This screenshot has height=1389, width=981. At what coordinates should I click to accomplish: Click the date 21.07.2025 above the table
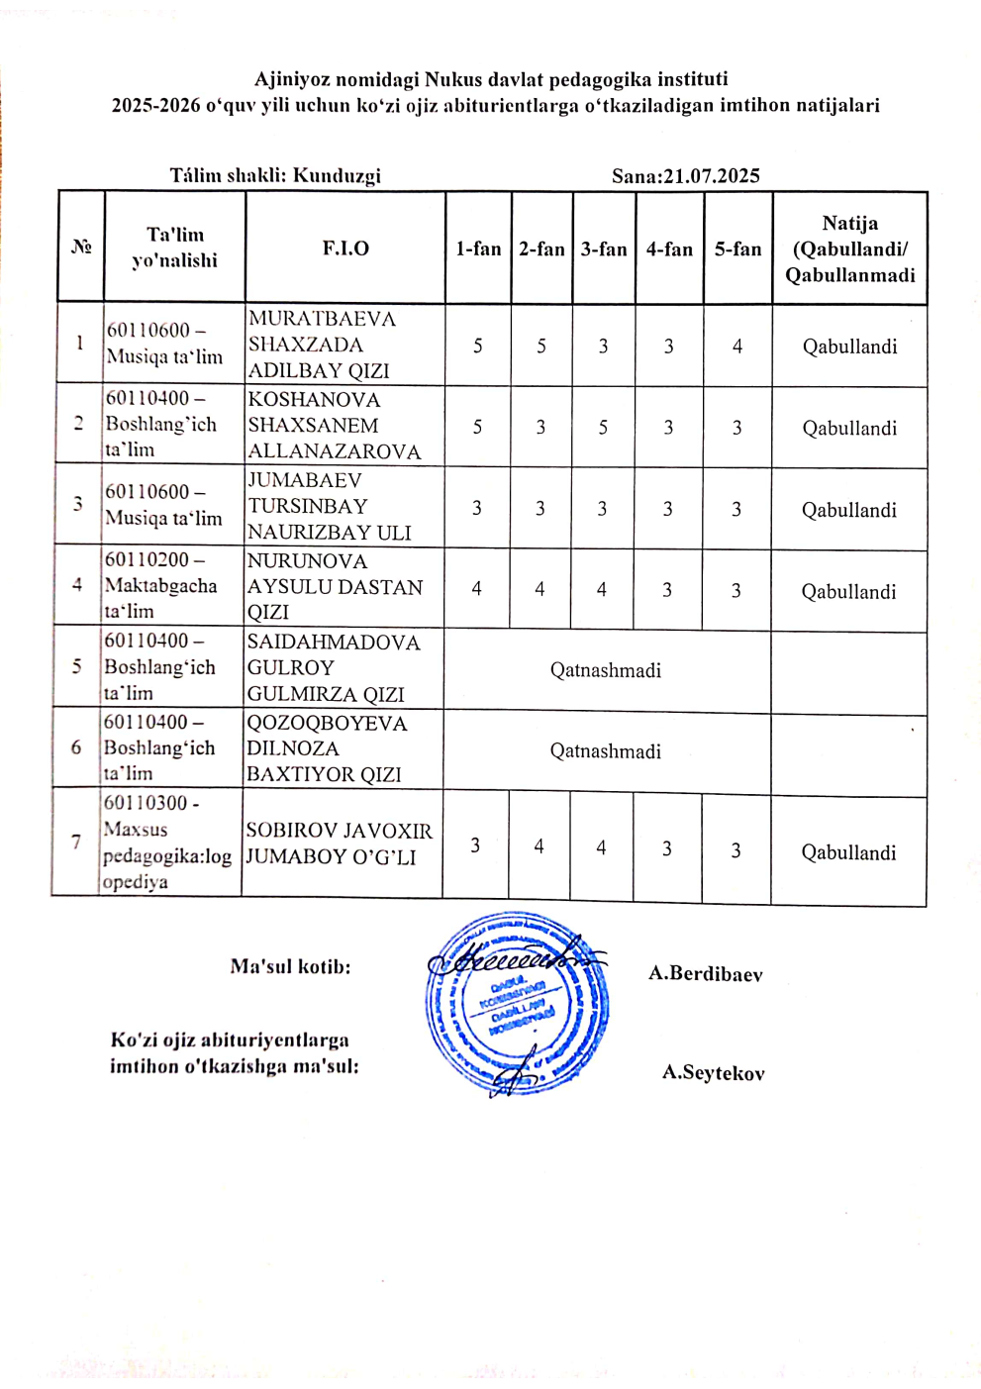711,176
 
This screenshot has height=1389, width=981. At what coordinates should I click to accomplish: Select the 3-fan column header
604,249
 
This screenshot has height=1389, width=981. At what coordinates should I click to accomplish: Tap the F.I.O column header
345,248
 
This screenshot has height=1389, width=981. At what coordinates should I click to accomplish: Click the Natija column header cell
850,249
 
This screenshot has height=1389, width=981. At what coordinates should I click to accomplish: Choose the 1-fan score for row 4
477,589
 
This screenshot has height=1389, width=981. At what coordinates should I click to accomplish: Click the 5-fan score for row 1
737,347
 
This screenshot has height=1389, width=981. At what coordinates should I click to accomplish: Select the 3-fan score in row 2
603,428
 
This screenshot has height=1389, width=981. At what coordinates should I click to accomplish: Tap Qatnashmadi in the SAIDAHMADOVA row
606,670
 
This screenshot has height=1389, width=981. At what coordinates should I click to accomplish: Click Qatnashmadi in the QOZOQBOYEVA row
606,751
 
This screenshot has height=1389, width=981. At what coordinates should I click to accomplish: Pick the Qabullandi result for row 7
849,852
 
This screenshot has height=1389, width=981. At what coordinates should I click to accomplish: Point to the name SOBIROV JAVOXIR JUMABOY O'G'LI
339,844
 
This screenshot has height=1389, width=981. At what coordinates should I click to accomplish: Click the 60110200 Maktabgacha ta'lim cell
161,585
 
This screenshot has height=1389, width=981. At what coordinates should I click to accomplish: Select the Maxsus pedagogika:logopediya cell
166,843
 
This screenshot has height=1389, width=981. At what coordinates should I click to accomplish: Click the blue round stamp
517,1003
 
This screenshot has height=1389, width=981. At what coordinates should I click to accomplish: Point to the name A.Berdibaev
706,974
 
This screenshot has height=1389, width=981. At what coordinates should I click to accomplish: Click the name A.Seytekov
714,1073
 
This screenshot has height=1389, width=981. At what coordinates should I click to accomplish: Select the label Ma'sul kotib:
290,967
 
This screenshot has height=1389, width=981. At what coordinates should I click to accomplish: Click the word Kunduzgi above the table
337,176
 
